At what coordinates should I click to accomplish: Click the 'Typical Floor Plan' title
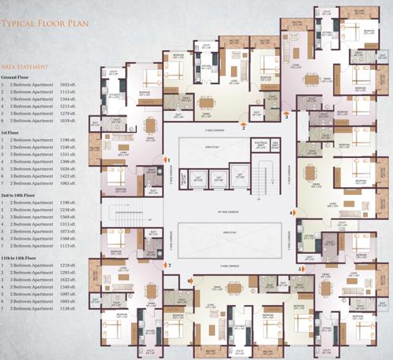coord(44,24)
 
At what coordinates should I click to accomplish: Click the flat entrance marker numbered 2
coord(244,125)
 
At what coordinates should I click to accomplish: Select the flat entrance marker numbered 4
coord(292,212)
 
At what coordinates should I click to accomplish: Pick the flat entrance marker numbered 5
coord(299,269)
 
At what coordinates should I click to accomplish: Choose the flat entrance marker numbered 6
coord(189,279)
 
